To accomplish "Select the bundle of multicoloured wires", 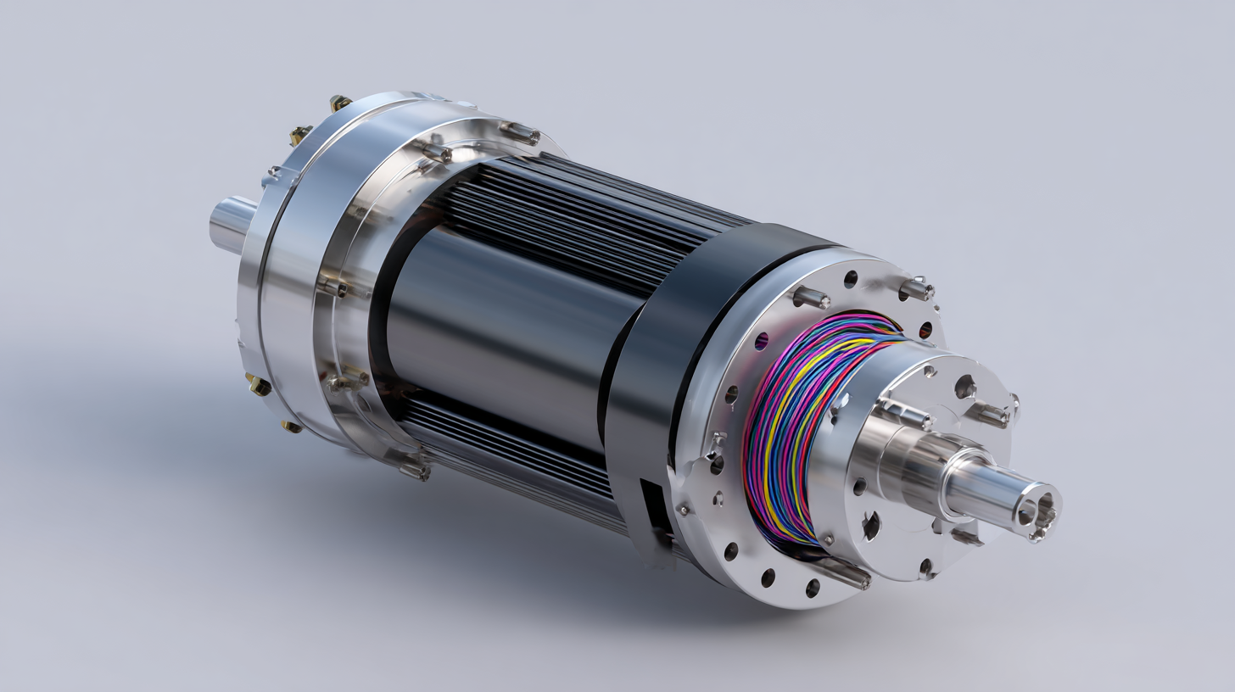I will coord(797,424).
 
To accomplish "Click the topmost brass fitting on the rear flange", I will coord(340,103).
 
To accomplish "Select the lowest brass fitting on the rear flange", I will coord(291,426).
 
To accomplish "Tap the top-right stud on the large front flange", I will coord(916,288).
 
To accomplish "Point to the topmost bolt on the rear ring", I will coord(519,132).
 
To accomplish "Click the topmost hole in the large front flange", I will coord(851,279).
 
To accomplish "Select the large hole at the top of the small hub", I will coord(964,388).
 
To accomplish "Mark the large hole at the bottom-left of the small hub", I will coord(871,526).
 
